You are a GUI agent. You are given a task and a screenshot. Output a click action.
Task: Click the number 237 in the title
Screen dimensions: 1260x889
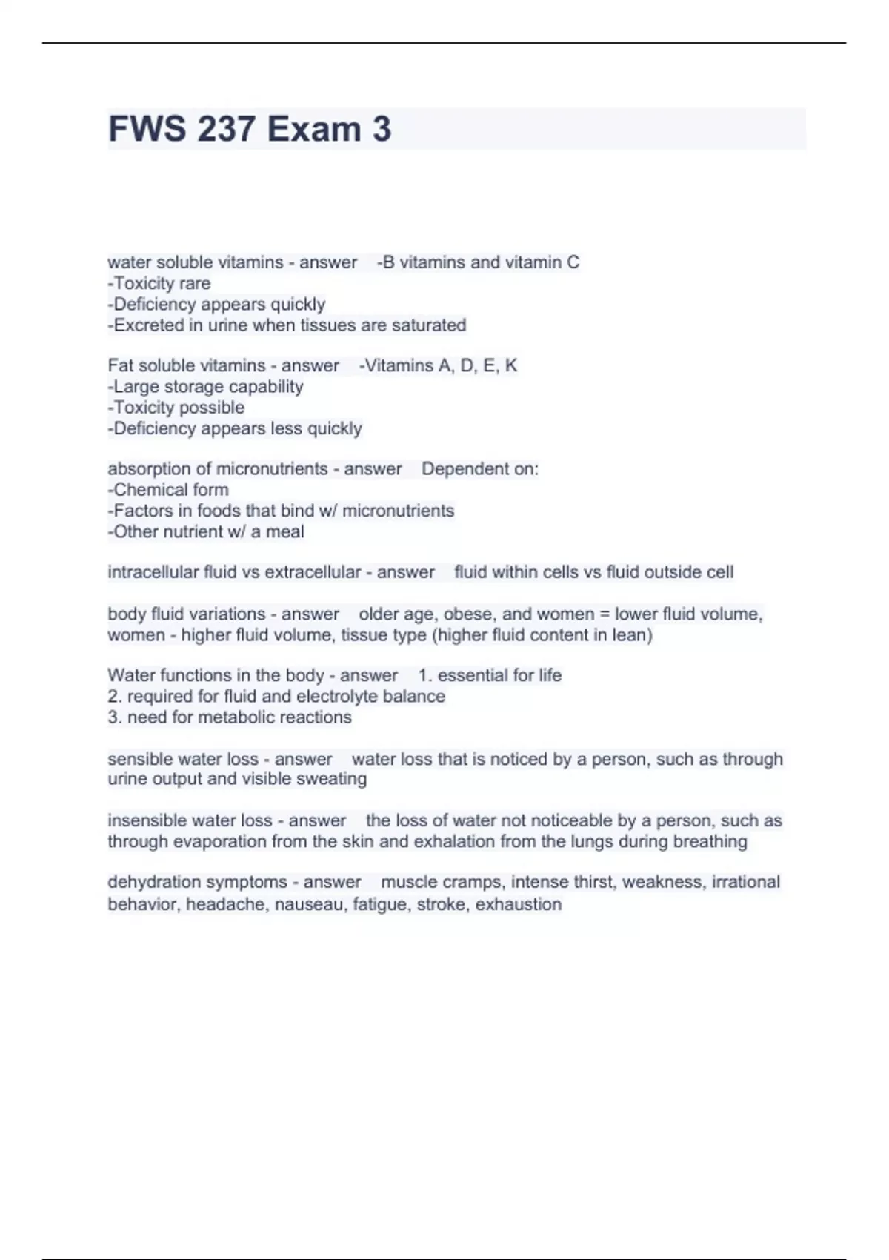pos(226,129)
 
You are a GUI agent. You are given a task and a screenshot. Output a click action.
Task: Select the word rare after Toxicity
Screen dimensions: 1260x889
pos(194,284)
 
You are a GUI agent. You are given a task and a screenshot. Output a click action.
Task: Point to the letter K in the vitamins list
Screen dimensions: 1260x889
pos(510,366)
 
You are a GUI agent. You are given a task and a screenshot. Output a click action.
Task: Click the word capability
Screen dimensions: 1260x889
pos(267,387)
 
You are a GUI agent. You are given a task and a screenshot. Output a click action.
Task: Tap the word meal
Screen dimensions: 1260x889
pos(287,532)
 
